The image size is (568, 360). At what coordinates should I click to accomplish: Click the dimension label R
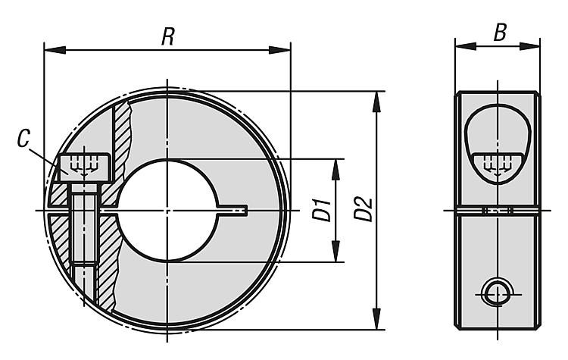coord(167,36)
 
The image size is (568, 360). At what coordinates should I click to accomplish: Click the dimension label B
coord(500,33)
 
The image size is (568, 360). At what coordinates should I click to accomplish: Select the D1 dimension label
coord(322,209)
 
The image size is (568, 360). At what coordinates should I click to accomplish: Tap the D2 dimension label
coord(363,209)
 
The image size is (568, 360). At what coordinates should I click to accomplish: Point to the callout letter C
coord(23,139)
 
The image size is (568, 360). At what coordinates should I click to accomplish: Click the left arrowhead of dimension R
coord(55,50)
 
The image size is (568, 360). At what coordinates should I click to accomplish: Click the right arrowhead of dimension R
coord(279,50)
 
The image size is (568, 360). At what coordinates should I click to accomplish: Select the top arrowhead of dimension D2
coord(376,102)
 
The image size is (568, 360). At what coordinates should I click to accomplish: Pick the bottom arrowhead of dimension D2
coord(376,318)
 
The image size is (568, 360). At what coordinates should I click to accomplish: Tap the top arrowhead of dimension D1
coord(335,170)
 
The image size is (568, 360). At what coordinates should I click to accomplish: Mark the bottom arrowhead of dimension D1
coord(335,251)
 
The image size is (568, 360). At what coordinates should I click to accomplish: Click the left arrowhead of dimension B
coord(466,46)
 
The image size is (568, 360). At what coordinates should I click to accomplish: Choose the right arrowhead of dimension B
coord(529,46)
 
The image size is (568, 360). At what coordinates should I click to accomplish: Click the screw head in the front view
coord(84,167)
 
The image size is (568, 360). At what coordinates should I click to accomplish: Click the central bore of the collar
coord(167,210)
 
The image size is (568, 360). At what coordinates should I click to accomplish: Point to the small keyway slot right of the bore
coord(233,210)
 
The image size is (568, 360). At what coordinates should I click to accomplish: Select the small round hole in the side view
coord(497,294)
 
